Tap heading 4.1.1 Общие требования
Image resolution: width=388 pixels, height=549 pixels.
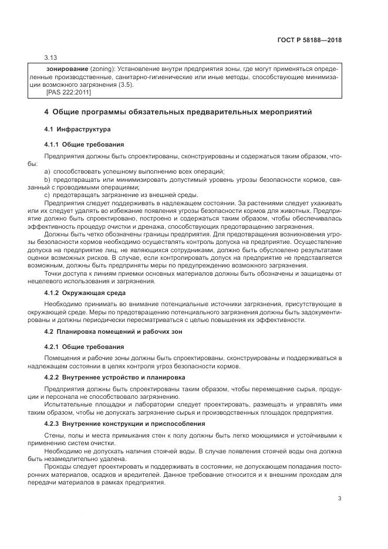(x=84, y=144)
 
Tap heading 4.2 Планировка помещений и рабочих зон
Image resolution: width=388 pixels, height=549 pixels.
(x=114, y=332)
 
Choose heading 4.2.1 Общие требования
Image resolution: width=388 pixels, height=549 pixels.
(x=84, y=347)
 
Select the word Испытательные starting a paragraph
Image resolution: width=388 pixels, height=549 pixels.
(x=68, y=404)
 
